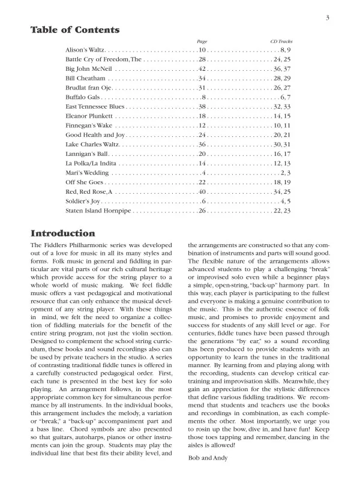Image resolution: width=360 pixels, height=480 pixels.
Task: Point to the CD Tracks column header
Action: pyautogui.click(x=281, y=41)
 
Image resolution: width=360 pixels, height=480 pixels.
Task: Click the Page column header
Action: pyautogui.click(x=202, y=41)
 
